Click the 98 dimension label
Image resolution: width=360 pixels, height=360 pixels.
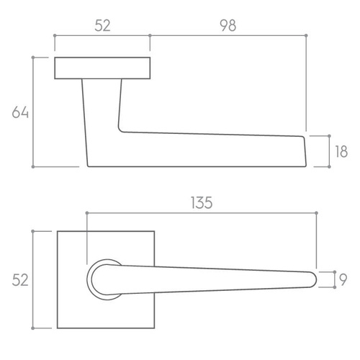(x=228, y=25)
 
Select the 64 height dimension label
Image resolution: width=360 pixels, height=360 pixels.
(x=20, y=112)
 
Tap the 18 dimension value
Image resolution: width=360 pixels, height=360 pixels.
(x=341, y=152)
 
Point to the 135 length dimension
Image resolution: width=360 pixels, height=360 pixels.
(x=202, y=203)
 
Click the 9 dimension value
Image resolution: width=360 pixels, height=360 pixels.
(x=343, y=279)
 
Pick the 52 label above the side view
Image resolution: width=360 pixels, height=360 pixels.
(x=102, y=25)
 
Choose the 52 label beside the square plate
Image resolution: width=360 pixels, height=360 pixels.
(x=20, y=280)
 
